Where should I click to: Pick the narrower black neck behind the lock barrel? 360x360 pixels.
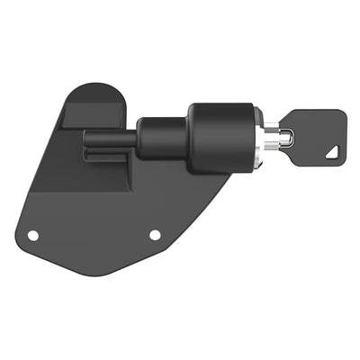(x=162, y=138)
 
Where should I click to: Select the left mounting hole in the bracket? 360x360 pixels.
(x=33, y=235)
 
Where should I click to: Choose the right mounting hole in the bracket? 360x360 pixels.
(x=155, y=235)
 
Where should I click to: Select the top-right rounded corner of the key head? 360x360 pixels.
(x=341, y=114)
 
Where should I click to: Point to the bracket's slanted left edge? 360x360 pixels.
(x=40, y=171)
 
